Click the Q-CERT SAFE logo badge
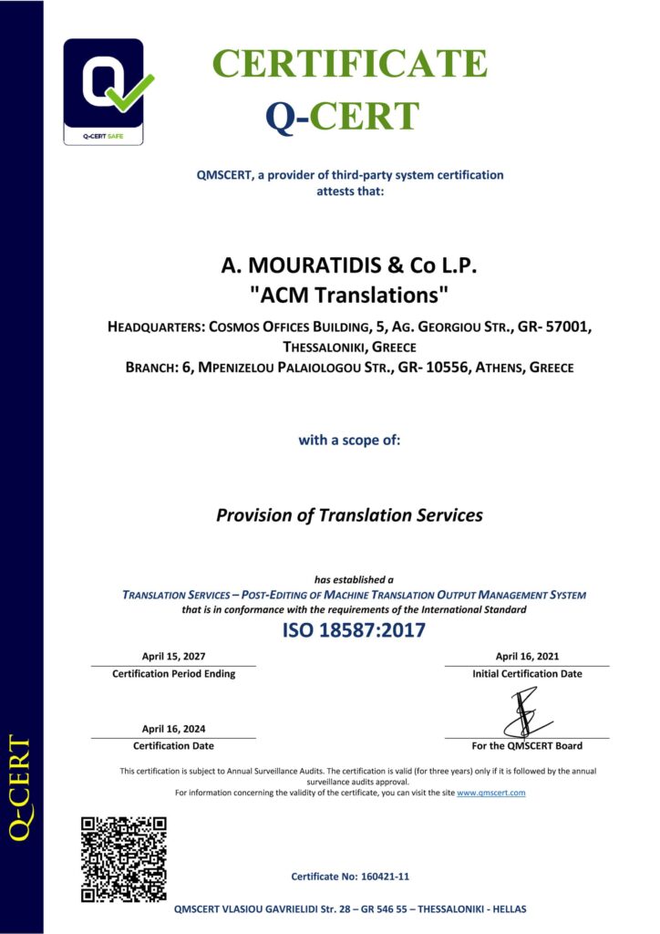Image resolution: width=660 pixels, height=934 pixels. [x=102, y=91]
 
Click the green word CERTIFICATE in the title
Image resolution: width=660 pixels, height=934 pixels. [x=349, y=64]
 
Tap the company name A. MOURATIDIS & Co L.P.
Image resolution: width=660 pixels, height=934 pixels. [x=349, y=266]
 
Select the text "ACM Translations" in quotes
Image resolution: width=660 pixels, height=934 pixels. [x=349, y=296]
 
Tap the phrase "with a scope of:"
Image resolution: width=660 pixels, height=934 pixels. [x=349, y=440]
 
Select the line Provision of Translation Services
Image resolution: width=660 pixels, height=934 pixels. [x=349, y=515]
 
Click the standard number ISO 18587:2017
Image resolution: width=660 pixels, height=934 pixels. [x=354, y=630]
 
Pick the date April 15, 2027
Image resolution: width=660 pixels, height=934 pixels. [x=173, y=656]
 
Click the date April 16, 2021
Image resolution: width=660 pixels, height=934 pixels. [x=527, y=656]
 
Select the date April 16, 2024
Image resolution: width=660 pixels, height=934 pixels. [x=173, y=728]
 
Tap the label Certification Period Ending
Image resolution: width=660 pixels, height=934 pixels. [x=173, y=674]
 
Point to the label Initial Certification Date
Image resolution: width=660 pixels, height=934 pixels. [x=527, y=674]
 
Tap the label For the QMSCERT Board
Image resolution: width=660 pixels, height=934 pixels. [x=526, y=746]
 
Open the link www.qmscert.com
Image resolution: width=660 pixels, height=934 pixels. [x=490, y=793]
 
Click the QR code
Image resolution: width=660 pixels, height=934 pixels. [x=123, y=859]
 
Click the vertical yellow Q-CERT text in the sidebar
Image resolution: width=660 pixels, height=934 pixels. [x=20, y=787]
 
